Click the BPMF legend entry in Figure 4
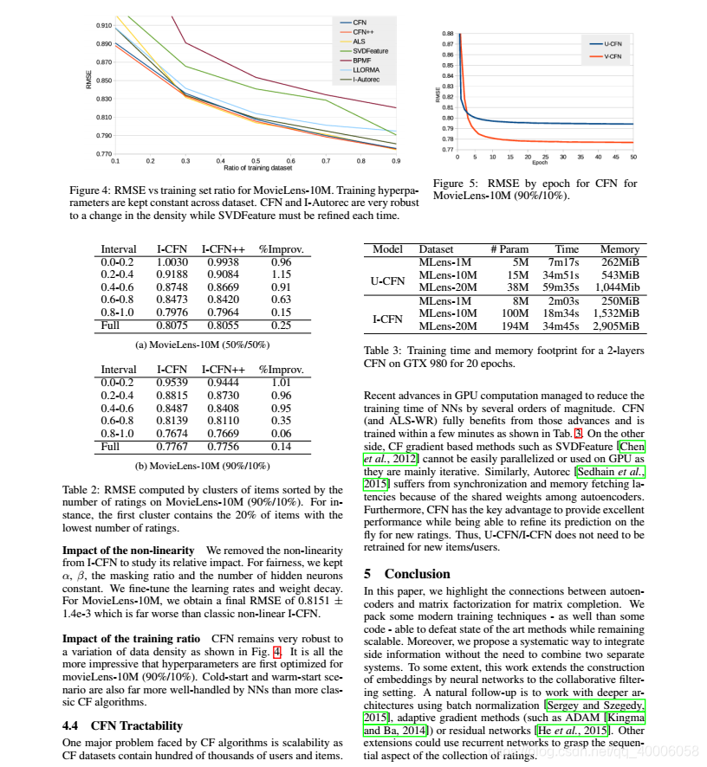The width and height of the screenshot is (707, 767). click(x=365, y=60)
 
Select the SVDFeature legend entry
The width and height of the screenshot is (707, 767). click(x=370, y=50)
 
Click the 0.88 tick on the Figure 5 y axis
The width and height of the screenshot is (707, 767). click(x=448, y=33)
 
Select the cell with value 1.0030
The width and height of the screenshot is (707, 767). click(x=172, y=261)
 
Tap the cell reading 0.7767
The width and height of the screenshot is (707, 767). click(x=172, y=446)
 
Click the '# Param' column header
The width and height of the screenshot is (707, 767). click(x=509, y=249)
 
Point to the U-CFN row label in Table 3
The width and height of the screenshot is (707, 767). click(x=387, y=280)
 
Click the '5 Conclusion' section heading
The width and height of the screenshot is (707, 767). click(x=407, y=573)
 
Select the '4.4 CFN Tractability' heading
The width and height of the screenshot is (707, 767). click(x=122, y=725)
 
